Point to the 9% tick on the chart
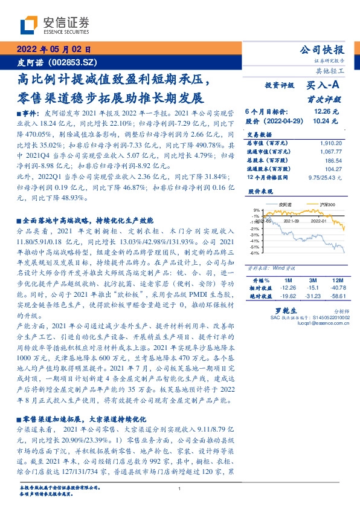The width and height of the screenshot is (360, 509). pos(256,210)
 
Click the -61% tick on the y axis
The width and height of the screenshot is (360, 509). pos(256,253)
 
